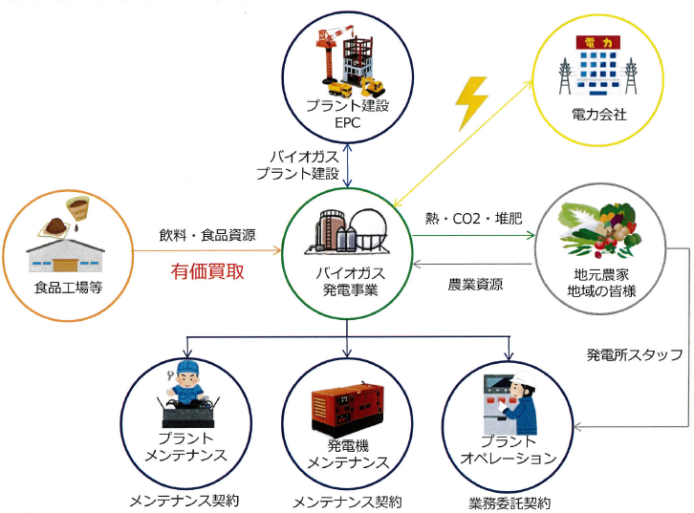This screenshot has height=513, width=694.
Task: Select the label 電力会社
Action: (598, 115)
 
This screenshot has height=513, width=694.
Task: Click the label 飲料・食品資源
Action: (207, 235)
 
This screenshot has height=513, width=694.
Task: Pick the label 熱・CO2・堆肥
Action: (474, 219)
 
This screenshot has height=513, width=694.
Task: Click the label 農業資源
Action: (476, 284)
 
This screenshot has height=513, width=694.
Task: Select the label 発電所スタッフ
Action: (634, 355)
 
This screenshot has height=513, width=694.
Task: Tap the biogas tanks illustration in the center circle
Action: (346, 231)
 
